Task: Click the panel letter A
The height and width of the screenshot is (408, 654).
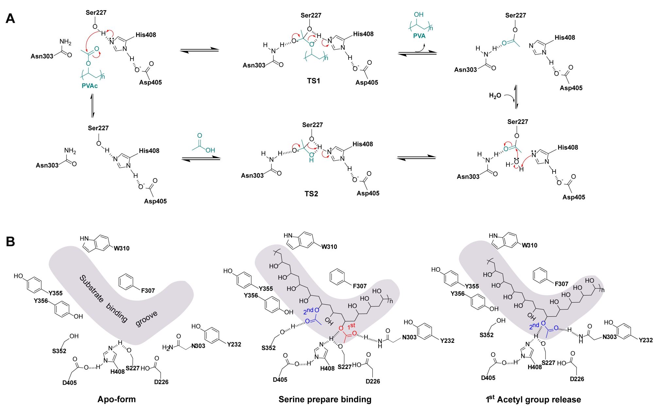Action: pos(10,19)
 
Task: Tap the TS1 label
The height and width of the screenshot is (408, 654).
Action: pos(313,81)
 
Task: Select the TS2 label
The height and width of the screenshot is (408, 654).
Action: pos(311,194)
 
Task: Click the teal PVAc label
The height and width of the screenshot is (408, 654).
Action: pos(90,86)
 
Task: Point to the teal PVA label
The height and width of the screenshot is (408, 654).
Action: pos(419,36)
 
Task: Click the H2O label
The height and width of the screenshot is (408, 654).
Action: pos(495,96)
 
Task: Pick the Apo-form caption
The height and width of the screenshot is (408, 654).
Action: pos(116,399)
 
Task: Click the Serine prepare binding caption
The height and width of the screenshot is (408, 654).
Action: pos(325,399)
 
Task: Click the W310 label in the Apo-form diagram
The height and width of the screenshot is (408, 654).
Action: pos(121,248)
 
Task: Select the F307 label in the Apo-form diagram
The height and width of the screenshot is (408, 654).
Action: pos(148,291)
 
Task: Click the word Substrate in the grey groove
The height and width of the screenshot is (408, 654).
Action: pos(92,289)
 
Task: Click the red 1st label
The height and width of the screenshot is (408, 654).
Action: pos(351,326)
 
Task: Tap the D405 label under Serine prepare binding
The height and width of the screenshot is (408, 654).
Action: pos(280,380)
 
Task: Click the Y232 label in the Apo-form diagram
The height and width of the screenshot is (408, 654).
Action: pos(234,344)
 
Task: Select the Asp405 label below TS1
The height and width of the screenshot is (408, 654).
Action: pos(367,82)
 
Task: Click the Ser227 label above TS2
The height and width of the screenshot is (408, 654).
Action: pos(312,125)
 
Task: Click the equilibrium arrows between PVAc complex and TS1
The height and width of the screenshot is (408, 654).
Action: pos(199,50)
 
